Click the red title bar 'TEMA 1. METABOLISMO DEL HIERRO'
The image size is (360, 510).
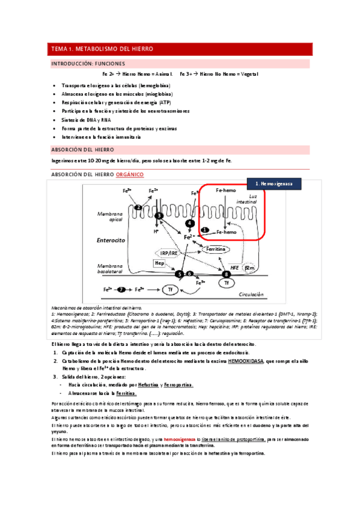[x=180, y=49]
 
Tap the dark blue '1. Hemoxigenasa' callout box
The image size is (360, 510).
[x=274, y=183]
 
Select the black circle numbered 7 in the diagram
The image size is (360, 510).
[x=122, y=289]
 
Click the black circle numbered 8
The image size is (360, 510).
[x=227, y=274]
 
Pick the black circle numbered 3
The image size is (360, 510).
[x=159, y=215]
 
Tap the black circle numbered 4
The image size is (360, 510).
[x=190, y=223]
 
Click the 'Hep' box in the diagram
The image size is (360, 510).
[x=159, y=263]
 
